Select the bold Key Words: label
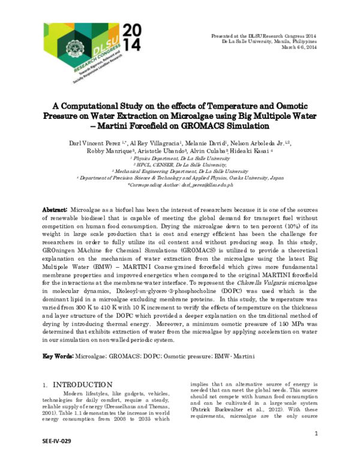58,357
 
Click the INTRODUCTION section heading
82,384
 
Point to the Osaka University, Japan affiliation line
181,178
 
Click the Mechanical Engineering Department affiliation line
181,171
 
